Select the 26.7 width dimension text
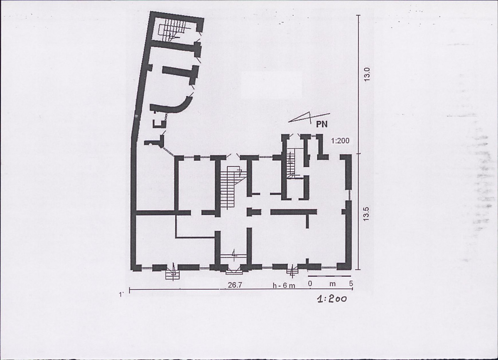coord(235,285)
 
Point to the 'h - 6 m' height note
coord(284,285)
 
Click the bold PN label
coord(322,124)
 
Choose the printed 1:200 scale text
coord(340,141)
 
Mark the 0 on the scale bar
coord(310,283)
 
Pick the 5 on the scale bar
coord(351,283)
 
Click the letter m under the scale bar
coord(332,284)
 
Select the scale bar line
coord(329,276)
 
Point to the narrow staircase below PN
coord(292,164)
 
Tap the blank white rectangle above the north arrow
coord(272,84)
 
